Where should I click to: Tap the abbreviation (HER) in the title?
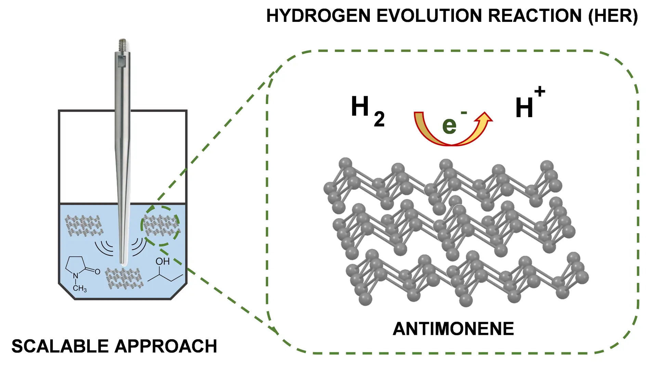tap(613, 16)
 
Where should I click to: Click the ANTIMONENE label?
tap(453, 329)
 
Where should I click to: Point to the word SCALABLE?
tap(60, 346)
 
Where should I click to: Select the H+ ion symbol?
tap(529, 104)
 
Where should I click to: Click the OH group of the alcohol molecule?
tap(162, 262)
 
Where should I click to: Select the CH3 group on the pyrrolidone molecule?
tap(80, 288)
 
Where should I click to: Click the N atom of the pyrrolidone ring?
tap(76, 276)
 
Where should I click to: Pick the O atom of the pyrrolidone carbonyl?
tap(97, 272)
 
